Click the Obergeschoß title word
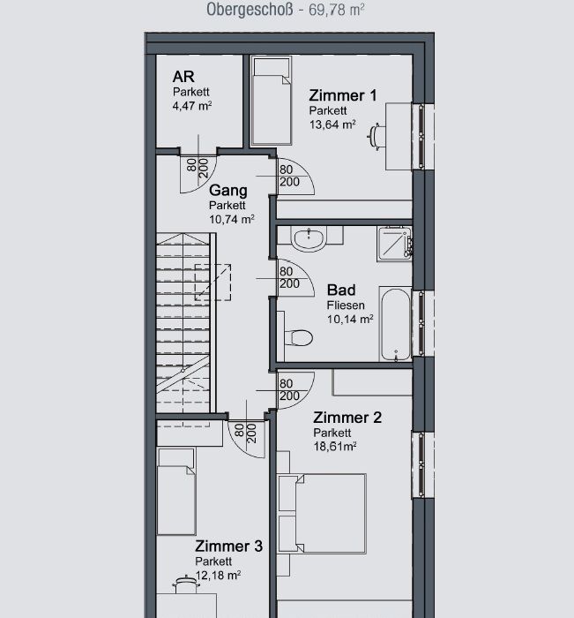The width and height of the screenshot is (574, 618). coord(250,10)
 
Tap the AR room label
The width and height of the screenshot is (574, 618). coord(183,77)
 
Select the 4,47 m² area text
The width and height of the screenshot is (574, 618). coord(192,106)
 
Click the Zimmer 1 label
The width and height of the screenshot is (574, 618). coord(342,95)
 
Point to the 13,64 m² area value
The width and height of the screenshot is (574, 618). coord(332,124)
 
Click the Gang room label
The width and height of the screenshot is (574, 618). coord(228,191)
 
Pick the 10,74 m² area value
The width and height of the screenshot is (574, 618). coord(232,219)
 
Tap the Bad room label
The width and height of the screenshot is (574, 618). coord(341,290)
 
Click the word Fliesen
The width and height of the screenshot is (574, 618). coord(346,305)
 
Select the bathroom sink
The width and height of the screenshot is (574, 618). coord(309,238)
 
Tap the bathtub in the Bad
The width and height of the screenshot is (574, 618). coord(396,324)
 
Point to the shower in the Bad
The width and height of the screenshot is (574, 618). coord(394,244)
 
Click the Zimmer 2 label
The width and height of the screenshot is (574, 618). coord(347,418)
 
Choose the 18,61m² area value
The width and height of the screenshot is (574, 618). coord(335,447)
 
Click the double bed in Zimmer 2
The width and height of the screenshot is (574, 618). coord(322,514)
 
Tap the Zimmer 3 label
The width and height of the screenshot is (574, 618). coord(228,546)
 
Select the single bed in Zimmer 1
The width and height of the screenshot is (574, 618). coord(272,101)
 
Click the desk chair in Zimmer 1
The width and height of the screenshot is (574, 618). coord(376,136)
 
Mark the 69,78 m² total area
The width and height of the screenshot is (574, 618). coord(337,10)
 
